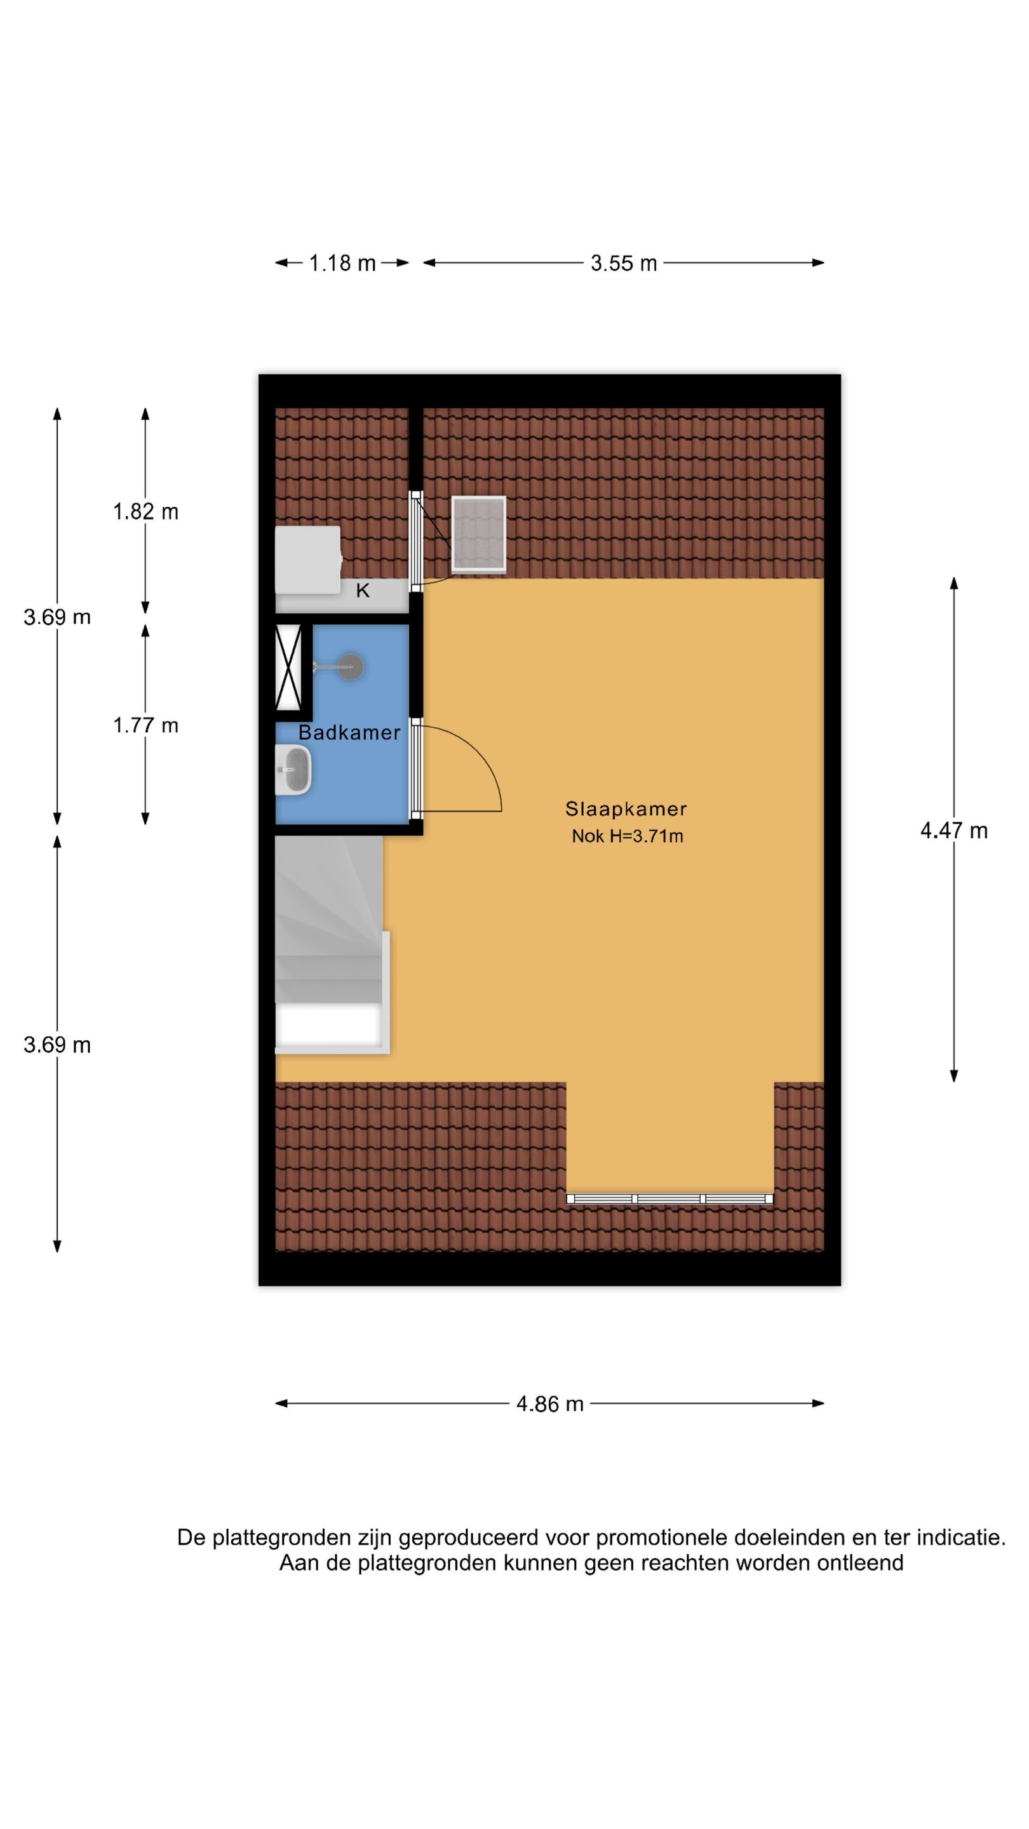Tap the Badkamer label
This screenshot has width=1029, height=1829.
[349, 733]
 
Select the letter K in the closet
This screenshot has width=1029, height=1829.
[362, 591]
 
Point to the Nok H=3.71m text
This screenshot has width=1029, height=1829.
[627, 836]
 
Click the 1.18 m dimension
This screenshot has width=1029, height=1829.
[342, 264]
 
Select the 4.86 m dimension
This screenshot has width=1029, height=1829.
[549, 1404]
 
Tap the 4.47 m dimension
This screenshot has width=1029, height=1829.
[953, 830]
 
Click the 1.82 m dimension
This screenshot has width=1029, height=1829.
[145, 511]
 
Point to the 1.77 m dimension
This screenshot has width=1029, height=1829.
[145, 725]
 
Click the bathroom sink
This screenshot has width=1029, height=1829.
[293, 770]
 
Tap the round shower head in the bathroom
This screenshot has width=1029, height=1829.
[350, 667]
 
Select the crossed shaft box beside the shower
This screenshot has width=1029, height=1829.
[288, 667]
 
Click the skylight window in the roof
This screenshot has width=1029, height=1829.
[479, 535]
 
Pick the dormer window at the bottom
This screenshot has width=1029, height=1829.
[669, 1198]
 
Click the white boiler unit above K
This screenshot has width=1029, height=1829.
[308, 559]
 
